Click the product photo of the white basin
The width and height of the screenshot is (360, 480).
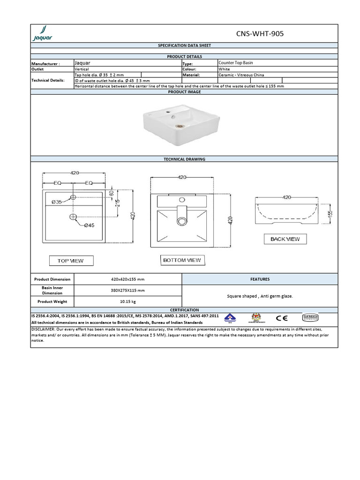point(166,120)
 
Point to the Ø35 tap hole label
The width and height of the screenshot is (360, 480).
point(57,202)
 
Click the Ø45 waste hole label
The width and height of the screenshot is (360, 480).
point(89,225)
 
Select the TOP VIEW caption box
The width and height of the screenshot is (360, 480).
point(71,261)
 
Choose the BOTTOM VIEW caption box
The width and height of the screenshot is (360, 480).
point(182,260)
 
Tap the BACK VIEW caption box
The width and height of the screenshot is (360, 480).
point(285,239)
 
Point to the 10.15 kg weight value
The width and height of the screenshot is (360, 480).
point(128,301)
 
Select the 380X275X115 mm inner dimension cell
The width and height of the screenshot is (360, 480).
point(128,290)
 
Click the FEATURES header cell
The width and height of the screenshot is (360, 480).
point(260,279)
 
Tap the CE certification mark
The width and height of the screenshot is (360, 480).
point(282,318)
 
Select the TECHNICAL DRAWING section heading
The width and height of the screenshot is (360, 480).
point(184,159)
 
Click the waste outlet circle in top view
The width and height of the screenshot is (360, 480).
point(73,217)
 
